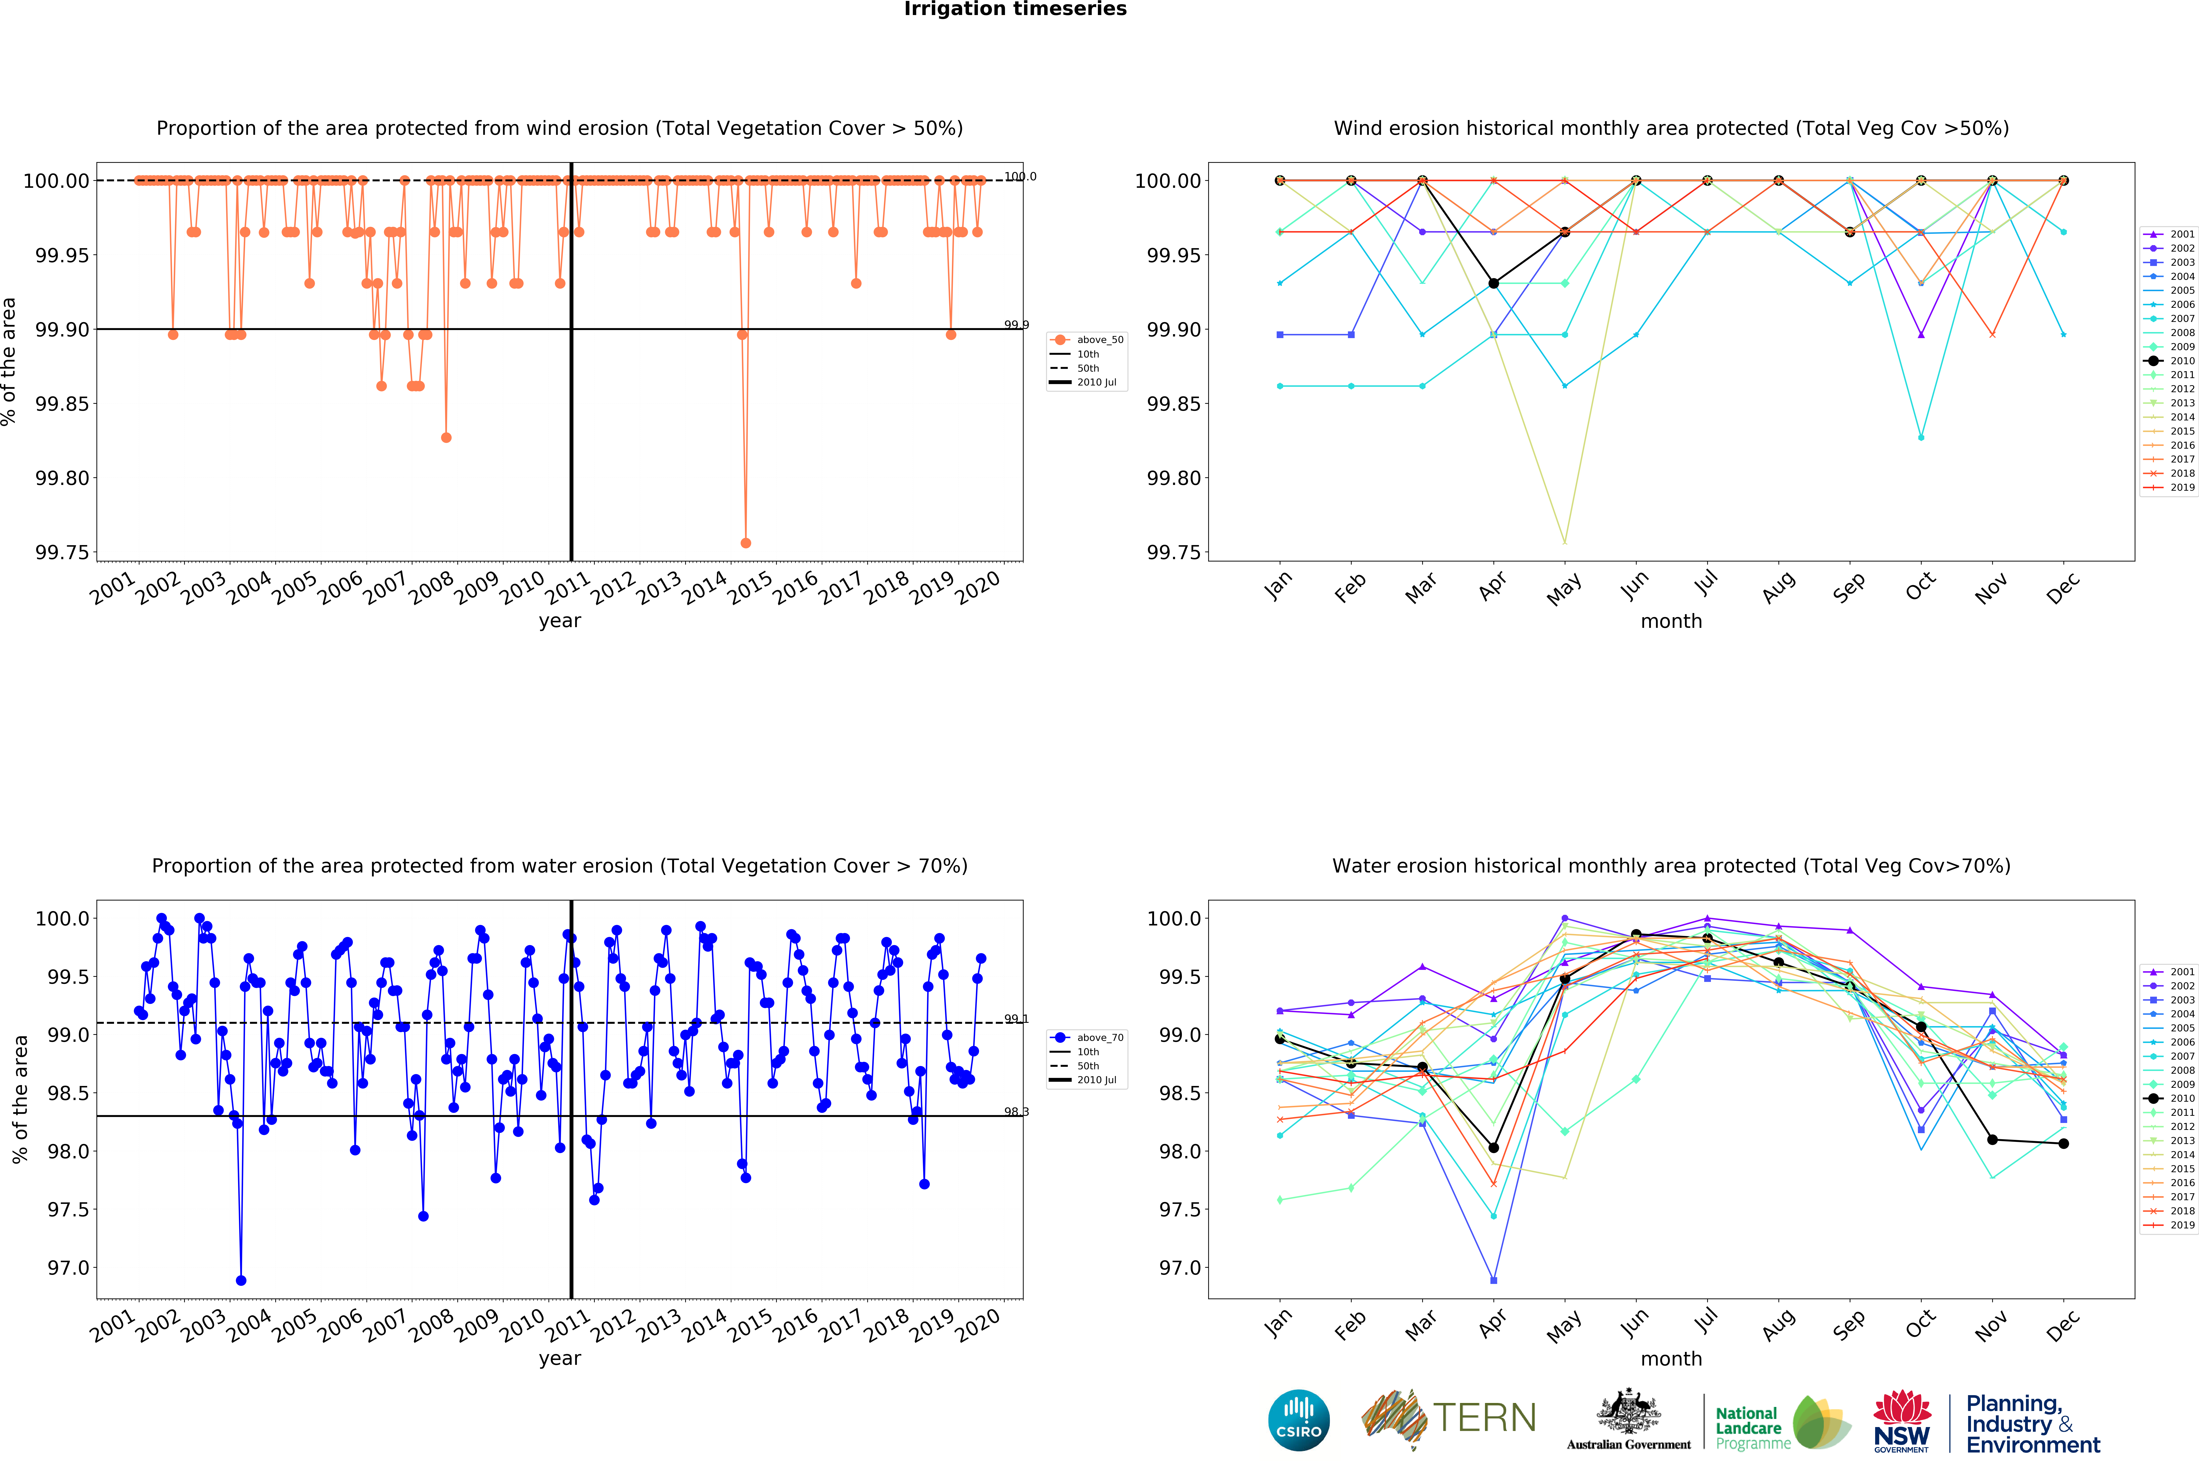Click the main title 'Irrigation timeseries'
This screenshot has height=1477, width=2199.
point(1015,9)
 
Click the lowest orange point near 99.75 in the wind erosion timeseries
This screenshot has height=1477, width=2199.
point(745,543)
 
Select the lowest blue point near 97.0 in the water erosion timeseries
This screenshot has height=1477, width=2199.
point(241,1280)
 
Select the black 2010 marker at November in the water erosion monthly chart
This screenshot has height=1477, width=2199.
point(1992,1140)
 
